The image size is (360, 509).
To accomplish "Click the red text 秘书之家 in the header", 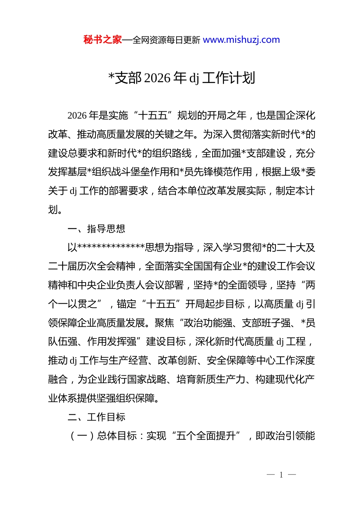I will [x=103, y=40].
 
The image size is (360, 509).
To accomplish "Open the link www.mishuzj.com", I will [x=241, y=40].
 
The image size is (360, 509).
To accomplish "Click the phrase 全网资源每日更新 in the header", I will [x=166, y=40].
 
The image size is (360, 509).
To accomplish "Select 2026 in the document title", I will [x=158, y=78].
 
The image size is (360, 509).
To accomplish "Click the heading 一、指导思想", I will [x=96, y=229].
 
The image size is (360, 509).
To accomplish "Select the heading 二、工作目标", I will [x=96, y=417].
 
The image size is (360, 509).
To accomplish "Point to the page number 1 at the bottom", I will [x=281, y=475].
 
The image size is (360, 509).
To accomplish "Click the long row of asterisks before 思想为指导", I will [x=111, y=248].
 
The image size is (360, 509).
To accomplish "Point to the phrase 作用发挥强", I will [x=112, y=342].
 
